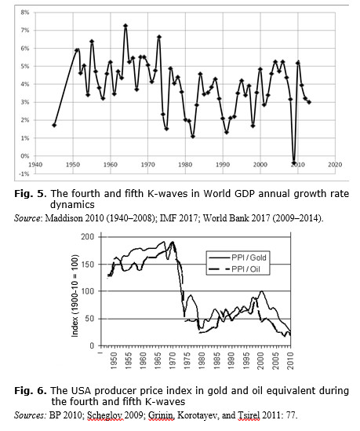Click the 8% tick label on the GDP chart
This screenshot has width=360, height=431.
[x=25, y=13]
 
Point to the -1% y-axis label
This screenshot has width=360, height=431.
[x=24, y=173]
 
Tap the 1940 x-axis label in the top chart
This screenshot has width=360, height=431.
[x=35, y=165]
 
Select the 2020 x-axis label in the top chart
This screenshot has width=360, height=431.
[x=335, y=165]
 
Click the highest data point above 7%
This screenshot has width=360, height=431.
[x=125, y=26]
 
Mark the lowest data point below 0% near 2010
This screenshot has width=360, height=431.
[x=294, y=163]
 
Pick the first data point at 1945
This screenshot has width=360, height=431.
[x=54, y=126]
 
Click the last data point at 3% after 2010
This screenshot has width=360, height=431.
[x=309, y=102]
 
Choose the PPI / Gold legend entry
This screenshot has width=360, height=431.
[x=238, y=258]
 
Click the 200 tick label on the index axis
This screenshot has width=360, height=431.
[x=88, y=236]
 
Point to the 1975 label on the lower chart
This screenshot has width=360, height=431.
[x=187, y=361]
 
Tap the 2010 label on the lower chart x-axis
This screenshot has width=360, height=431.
[x=290, y=361]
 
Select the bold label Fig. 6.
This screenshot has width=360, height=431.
[x=31, y=391]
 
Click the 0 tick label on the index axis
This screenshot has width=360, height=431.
[x=92, y=345]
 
